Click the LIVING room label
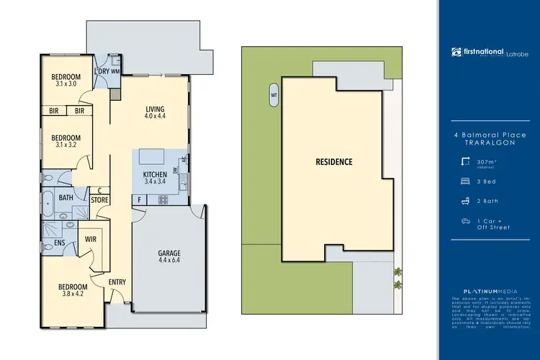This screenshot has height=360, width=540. (156, 108)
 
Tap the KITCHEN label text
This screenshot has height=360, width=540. (155, 174)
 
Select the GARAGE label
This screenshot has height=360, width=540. (169, 253)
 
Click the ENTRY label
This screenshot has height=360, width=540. (117, 282)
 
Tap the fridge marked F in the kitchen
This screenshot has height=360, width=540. (138, 199)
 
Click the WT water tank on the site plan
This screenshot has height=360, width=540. (274, 94)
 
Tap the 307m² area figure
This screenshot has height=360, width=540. (487, 162)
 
